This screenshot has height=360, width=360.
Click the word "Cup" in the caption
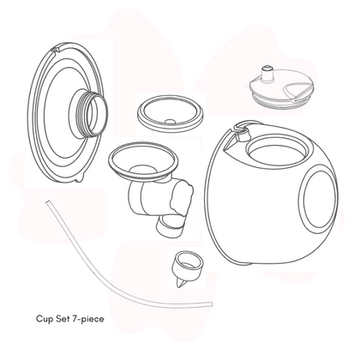[x=45, y=319]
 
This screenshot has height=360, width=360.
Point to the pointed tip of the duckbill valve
[x=179, y=286]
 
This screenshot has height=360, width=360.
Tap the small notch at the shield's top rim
[x=57, y=48]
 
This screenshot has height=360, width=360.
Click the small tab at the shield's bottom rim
[x=80, y=179]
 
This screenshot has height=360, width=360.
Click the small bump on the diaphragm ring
[x=171, y=122]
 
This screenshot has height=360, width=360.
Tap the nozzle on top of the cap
[x=267, y=74]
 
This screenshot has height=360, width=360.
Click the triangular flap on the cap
[x=297, y=91]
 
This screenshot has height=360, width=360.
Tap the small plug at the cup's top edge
[x=242, y=134]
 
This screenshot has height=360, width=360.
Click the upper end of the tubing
[x=48, y=203]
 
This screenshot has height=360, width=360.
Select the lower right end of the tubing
[x=211, y=304]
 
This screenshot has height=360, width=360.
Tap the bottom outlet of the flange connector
[x=169, y=226]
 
